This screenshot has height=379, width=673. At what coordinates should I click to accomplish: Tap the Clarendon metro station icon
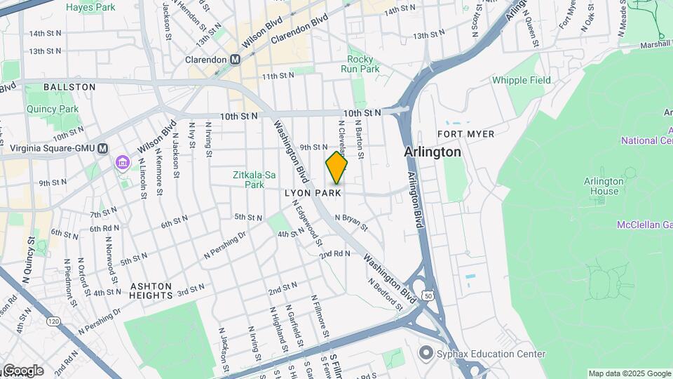point(235,60)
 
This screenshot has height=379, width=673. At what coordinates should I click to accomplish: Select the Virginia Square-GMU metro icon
point(103,148)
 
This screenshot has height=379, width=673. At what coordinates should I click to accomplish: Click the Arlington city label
point(433,152)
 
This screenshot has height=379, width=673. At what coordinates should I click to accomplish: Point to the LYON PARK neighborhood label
point(313,192)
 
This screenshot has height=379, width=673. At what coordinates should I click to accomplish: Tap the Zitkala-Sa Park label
point(248,180)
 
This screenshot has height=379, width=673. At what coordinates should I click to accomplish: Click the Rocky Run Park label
point(360,64)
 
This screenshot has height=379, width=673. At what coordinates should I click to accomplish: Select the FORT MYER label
point(465,133)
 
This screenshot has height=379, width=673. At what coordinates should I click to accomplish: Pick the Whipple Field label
point(521,80)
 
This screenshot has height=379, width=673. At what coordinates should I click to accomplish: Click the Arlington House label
point(604,186)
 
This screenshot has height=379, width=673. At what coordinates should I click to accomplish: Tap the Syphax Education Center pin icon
point(426,354)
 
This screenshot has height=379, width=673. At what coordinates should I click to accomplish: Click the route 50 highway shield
point(428,298)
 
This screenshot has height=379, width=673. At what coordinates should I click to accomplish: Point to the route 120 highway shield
point(53,321)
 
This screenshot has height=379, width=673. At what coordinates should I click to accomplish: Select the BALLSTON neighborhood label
point(69,87)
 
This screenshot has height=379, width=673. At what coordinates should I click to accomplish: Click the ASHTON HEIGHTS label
point(151,291)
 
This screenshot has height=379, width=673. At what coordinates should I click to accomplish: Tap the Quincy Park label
point(53,109)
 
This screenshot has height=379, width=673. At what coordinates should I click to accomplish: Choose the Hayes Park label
point(90,7)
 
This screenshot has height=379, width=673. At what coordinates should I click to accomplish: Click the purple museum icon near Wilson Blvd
point(123,164)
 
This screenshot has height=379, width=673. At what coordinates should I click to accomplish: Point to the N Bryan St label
point(351,222)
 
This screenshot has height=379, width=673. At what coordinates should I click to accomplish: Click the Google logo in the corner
point(22,370)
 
